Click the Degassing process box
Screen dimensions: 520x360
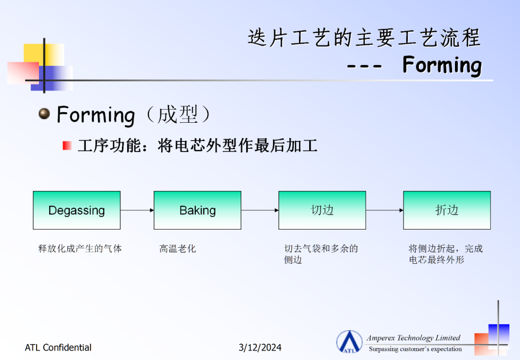(77, 210)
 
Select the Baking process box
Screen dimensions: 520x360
(197, 210)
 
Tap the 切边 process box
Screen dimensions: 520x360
(322, 210)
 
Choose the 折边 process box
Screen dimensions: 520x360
(447, 210)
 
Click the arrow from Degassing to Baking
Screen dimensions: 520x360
(137, 210)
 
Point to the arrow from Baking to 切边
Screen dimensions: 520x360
(260, 210)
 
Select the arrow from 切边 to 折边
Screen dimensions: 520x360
(384, 210)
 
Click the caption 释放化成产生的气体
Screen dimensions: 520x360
(80, 249)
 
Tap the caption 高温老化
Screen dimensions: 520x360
(177, 249)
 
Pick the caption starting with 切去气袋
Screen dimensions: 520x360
(321, 254)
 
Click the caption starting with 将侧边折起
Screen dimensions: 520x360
(445, 254)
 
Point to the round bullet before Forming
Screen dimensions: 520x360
(44, 114)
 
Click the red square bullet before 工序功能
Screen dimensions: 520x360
(67, 145)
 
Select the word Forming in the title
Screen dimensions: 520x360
(442, 65)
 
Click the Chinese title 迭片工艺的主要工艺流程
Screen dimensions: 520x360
(364, 38)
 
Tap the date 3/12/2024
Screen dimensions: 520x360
(260, 347)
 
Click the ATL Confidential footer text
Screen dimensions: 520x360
(58, 347)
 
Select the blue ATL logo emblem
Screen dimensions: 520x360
(349, 342)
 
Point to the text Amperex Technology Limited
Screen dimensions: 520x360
(413, 338)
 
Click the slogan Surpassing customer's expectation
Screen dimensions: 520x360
(415, 349)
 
